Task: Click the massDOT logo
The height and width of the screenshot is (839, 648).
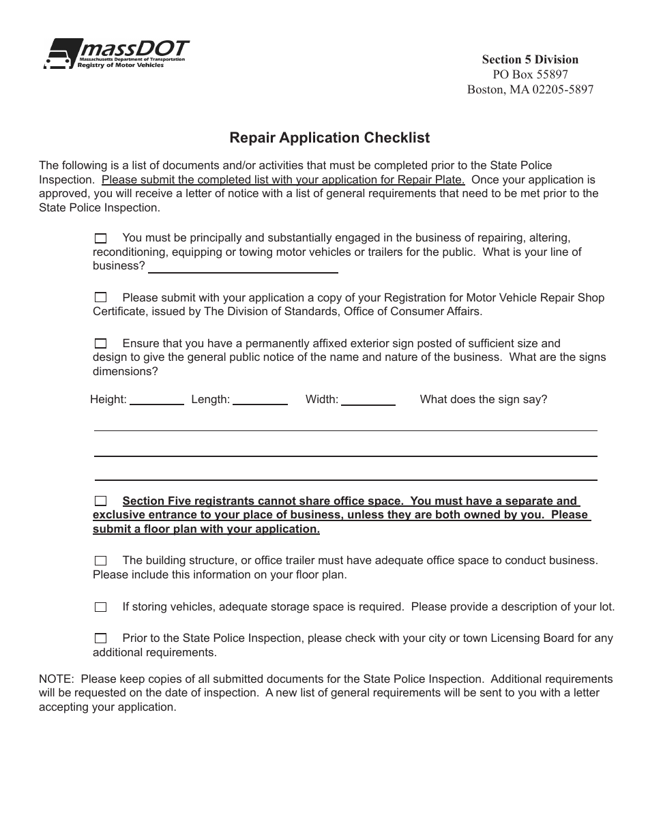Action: [x=116, y=53]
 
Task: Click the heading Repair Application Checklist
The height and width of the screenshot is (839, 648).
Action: [x=329, y=138]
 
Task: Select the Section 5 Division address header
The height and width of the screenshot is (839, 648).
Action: [x=530, y=59]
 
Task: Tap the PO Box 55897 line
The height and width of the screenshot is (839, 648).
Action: [x=530, y=74]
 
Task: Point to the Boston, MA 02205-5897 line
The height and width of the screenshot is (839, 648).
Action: [x=530, y=89]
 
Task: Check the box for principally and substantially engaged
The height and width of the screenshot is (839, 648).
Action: [x=100, y=238]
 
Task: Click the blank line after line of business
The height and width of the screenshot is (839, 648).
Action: [x=243, y=267]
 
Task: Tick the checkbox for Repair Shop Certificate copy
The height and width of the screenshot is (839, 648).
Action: [x=100, y=297]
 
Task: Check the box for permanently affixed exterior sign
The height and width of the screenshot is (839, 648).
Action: [x=100, y=343]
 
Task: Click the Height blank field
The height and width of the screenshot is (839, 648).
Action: [x=156, y=400]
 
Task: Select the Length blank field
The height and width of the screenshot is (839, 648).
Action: [x=260, y=400]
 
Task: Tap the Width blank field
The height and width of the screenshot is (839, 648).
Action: [x=368, y=400]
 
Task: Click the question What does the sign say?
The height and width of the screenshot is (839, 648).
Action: [x=483, y=400]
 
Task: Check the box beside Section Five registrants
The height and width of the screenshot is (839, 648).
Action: [x=100, y=501]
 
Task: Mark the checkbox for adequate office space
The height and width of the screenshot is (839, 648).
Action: [x=100, y=561]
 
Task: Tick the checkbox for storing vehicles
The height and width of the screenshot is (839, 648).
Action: [x=100, y=606]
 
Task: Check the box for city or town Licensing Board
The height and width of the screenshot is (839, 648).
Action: [x=100, y=638]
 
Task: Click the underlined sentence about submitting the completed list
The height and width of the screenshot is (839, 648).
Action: [x=283, y=180]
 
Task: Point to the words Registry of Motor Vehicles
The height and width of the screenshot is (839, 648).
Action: [x=121, y=65]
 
